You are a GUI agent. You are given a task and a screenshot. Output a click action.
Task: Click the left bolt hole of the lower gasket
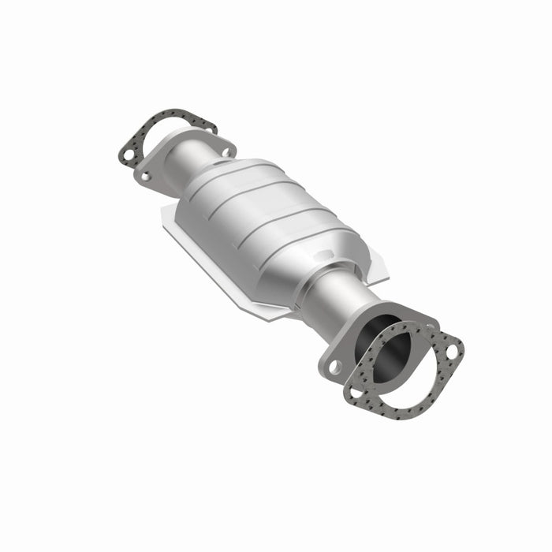(356, 389)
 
